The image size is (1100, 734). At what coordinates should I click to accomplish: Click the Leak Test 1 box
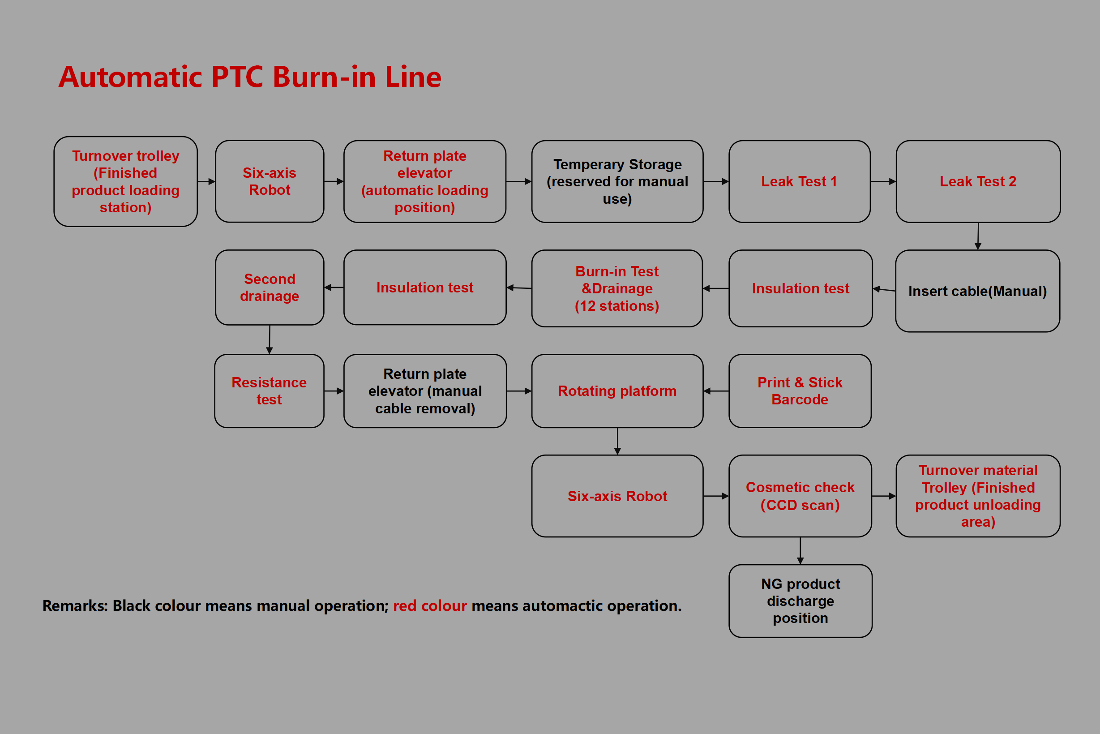[x=799, y=181]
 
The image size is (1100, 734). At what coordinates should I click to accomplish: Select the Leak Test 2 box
[x=978, y=181]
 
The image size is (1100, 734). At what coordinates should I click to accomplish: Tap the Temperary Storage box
[x=617, y=181]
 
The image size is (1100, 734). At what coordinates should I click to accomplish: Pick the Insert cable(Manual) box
[x=977, y=291]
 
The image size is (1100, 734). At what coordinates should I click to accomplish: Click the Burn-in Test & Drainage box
[x=616, y=288]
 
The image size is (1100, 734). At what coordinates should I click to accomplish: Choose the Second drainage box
[x=270, y=288]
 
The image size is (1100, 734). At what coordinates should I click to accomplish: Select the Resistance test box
[x=269, y=391]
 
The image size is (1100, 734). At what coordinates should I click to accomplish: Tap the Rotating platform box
[x=617, y=391]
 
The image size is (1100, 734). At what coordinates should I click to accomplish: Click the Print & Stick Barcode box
[x=800, y=391]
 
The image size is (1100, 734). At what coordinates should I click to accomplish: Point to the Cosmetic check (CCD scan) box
[x=800, y=496]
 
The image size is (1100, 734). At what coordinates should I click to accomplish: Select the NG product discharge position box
[x=800, y=601]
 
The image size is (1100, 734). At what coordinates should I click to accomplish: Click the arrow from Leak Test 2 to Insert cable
[x=978, y=236]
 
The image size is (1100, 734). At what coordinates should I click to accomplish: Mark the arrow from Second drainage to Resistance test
[x=270, y=339]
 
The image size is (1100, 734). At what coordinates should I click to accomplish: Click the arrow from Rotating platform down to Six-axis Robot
[x=618, y=441]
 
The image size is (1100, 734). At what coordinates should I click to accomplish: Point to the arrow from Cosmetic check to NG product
[x=800, y=550]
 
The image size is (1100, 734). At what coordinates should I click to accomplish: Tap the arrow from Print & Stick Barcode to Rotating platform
[x=716, y=391]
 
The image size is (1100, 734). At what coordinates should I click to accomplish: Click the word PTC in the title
[x=237, y=77]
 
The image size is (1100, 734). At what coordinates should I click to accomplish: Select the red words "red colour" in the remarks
[x=429, y=606]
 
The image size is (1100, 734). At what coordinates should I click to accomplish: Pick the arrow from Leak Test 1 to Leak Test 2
[x=883, y=181]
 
